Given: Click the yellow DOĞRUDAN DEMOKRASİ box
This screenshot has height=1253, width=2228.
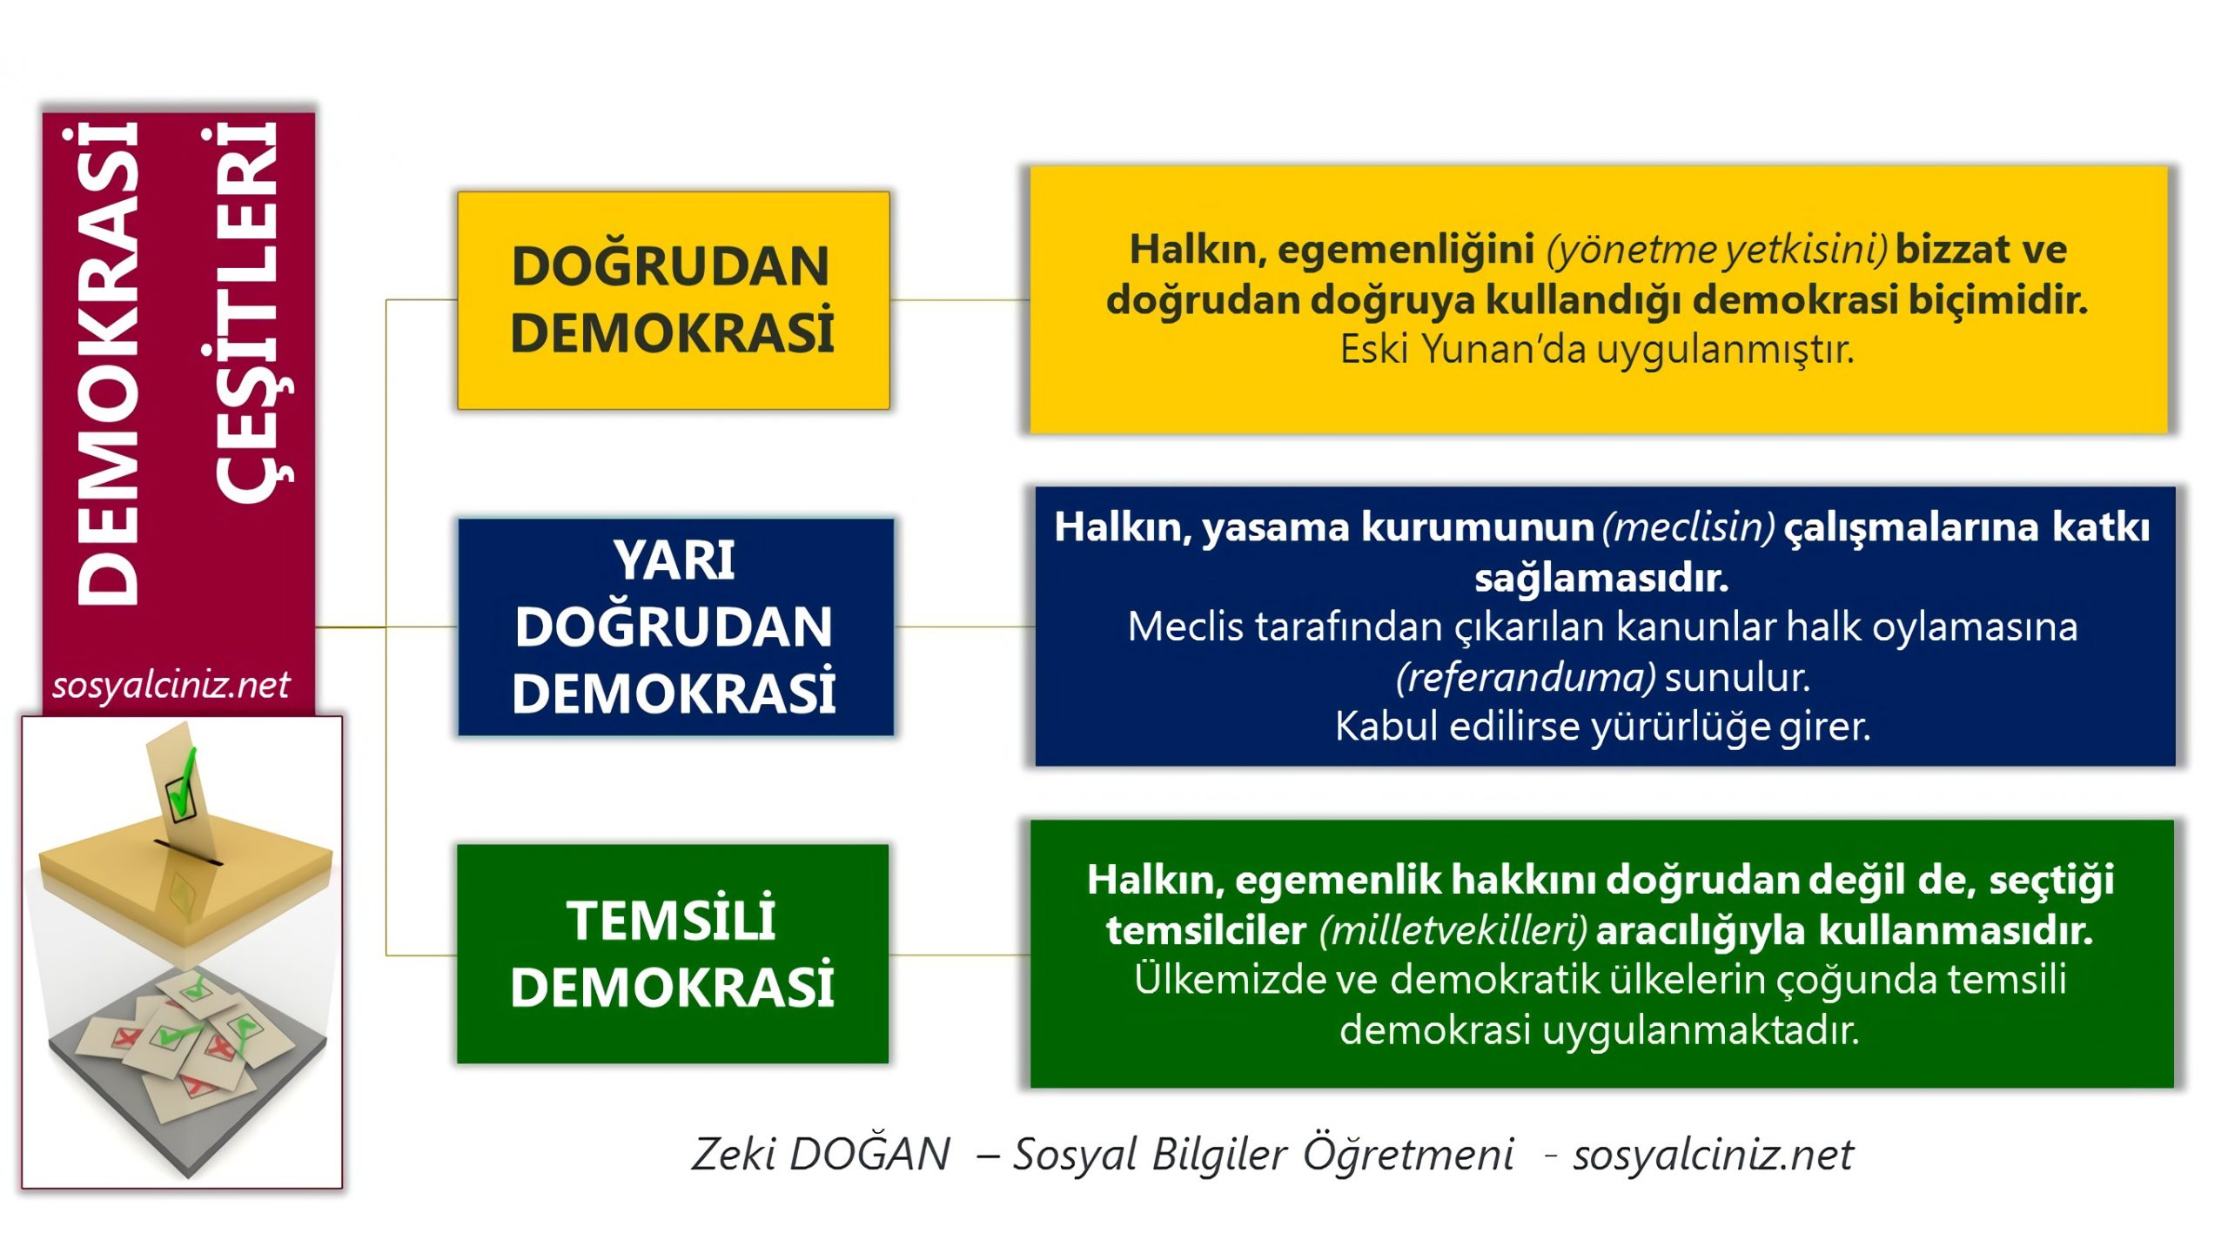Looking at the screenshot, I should coord(673,300).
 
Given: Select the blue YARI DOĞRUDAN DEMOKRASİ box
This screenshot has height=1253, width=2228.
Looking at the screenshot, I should coord(675,626).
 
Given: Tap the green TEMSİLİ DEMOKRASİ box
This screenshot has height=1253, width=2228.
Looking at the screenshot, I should coord(672,954).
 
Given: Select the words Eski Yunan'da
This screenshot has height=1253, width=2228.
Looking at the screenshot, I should coord(1462,350).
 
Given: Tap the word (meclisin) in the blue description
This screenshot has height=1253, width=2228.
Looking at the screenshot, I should coord(1688,527).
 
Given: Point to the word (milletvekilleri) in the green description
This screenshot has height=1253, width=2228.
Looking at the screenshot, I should coord(1453,931).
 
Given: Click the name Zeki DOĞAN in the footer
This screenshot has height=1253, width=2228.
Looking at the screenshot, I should coord(820,1155).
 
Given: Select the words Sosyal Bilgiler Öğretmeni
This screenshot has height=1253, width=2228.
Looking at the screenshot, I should coord(1263,1155).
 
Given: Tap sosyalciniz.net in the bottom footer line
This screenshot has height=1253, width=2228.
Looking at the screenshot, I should coord(1713,1155).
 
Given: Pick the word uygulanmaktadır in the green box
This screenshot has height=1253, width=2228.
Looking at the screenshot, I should coord(1701,1031).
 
